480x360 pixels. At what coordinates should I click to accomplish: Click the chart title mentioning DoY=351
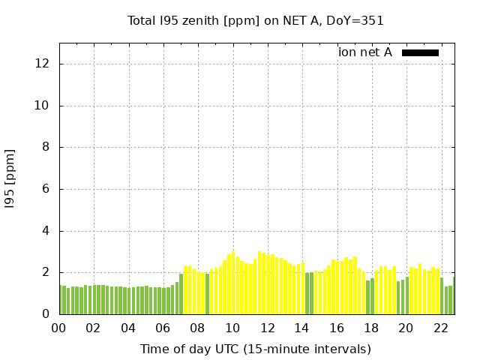pos(256,21)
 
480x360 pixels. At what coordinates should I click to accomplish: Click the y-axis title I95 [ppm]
pos(10,178)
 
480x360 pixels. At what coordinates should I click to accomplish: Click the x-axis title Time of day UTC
pos(256,349)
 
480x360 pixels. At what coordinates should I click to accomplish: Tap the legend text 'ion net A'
pos(364,52)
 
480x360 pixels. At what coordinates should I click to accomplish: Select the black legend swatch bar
pos(420,52)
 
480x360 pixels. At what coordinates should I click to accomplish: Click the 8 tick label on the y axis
pos(46,148)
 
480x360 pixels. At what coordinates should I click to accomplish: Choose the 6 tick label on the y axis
pos(46,190)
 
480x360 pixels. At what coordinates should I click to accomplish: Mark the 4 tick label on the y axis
pos(46,231)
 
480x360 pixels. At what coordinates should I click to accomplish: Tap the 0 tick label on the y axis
pos(46,315)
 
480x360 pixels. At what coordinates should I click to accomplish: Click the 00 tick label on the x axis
pos(59,328)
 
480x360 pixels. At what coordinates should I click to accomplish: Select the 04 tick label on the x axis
pos(128,328)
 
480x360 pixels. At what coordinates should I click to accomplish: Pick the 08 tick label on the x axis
pos(198,328)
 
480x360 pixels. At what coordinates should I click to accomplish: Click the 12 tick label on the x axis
pos(267,328)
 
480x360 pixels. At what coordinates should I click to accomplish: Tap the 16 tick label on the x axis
pos(337,328)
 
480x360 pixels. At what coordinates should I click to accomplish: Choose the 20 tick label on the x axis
pos(406,328)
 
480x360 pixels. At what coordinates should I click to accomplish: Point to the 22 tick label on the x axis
pos(440,328)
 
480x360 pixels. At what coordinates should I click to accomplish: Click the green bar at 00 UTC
pos(61,300)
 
